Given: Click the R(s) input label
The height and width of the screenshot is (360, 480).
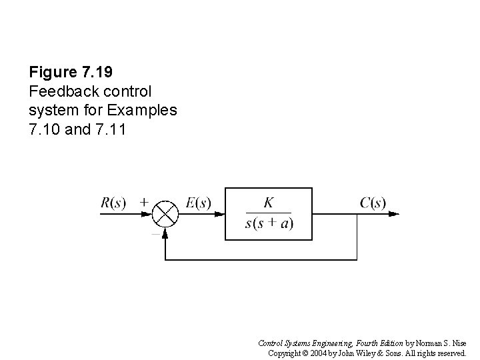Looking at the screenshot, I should coord(113,203).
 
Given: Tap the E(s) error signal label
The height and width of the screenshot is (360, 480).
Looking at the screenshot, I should coord(199,203).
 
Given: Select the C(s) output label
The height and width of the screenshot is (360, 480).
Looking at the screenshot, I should coord(373,203).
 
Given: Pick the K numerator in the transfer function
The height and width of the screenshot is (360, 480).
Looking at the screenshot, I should coord(268,201).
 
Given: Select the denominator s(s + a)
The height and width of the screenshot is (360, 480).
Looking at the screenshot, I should coord(269,223).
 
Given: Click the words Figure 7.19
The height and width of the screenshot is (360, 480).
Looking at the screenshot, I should coord(65,71).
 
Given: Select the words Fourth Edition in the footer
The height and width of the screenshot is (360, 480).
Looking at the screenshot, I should coord(377,342).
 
